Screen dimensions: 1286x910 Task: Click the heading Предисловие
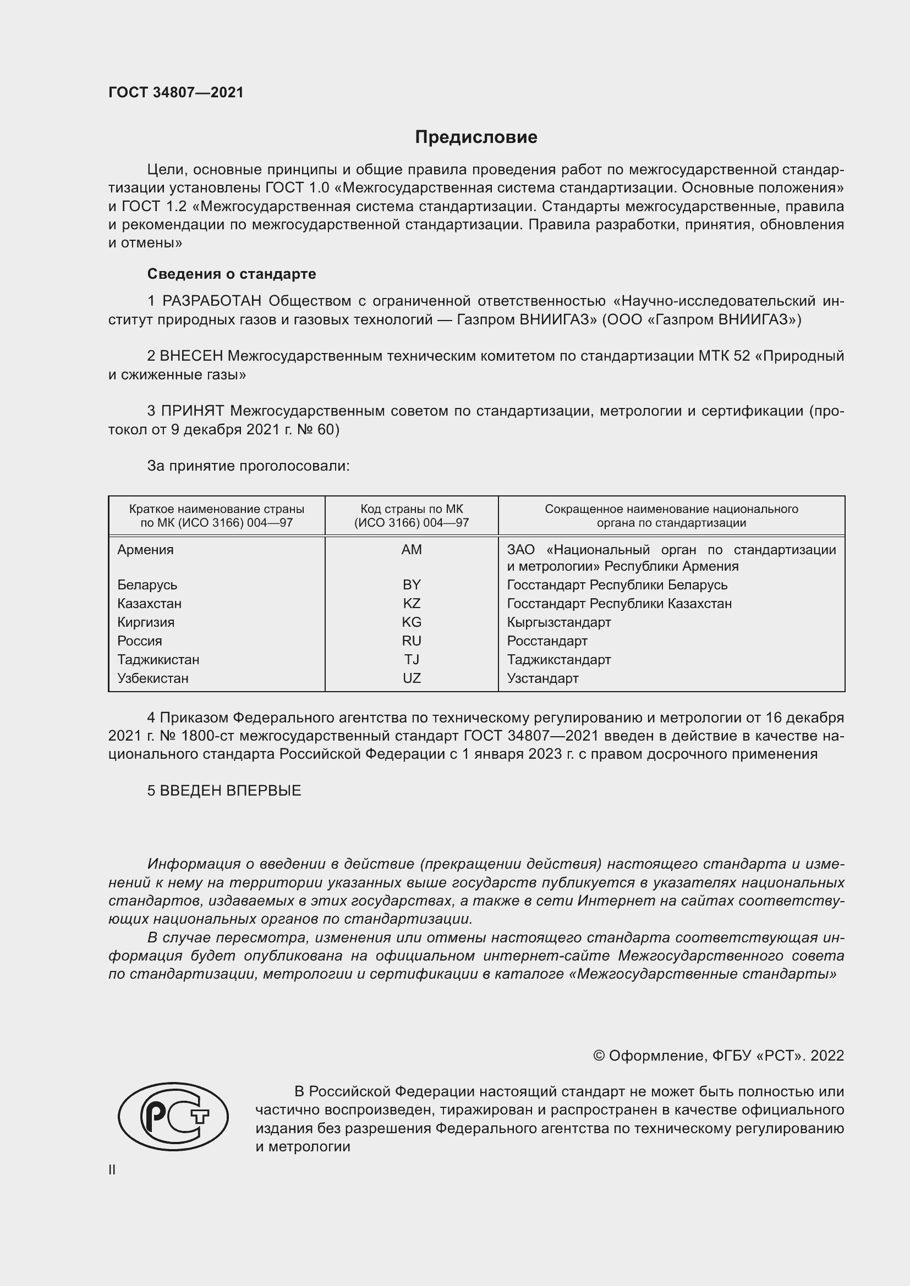click(x=476, y=137)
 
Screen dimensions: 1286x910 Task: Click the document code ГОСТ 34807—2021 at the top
click(x=176, y=92)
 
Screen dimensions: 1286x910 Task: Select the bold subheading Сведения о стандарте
click(x=232, y=274)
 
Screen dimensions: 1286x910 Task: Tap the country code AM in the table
click(x=412, y=549)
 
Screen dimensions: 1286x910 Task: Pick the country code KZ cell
click(x=412, y=603)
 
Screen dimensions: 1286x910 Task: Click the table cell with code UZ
click(x=412, y=678)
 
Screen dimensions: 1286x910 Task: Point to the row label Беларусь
click(x=147, y=585)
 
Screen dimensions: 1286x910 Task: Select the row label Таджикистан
click(x=158, y=659)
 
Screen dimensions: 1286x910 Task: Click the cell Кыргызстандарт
click(x=558, y=622)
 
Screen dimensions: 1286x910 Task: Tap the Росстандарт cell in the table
click(x=547, y=641)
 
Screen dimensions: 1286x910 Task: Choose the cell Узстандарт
click(x=542, y=678)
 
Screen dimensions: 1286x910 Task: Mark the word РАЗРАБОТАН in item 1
click(x=211, y=301)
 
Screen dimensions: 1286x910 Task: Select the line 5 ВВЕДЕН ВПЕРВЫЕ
click(x=224, y=790)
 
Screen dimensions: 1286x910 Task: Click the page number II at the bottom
click(x=112, y=1169)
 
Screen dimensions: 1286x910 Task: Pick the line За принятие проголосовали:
click(x=248, y=466)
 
